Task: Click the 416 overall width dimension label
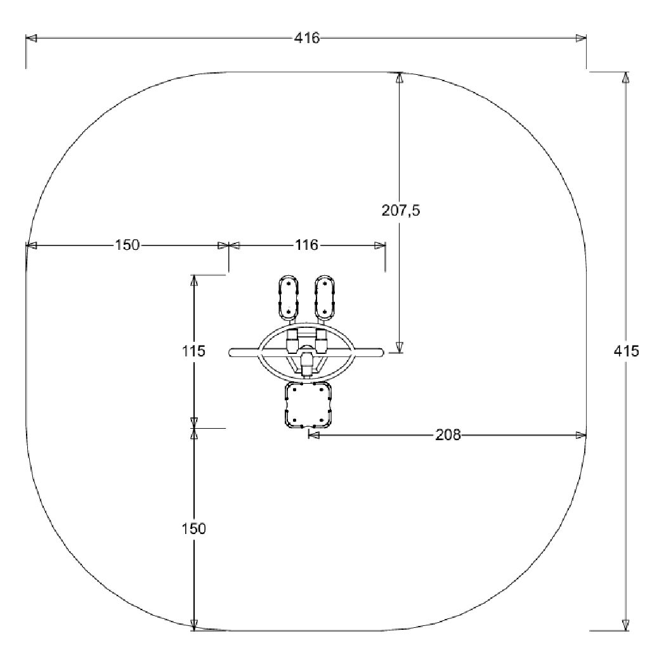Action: [307, 38]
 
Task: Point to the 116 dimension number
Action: [306, 245]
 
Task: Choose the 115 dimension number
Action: [194, 351]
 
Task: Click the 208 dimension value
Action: [448, 435]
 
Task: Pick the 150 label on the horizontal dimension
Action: [127, 245]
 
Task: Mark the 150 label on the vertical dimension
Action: [194, 528]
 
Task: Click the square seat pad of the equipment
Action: [308, 405]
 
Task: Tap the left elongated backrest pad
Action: [289, 297]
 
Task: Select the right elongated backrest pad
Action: [325, 297]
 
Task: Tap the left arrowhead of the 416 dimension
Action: [31, 38]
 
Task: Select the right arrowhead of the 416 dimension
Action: [580, 38]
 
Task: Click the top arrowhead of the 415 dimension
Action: [626, 77]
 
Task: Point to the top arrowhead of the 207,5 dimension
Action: [399, 77]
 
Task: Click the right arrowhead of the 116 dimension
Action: [380, 245]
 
